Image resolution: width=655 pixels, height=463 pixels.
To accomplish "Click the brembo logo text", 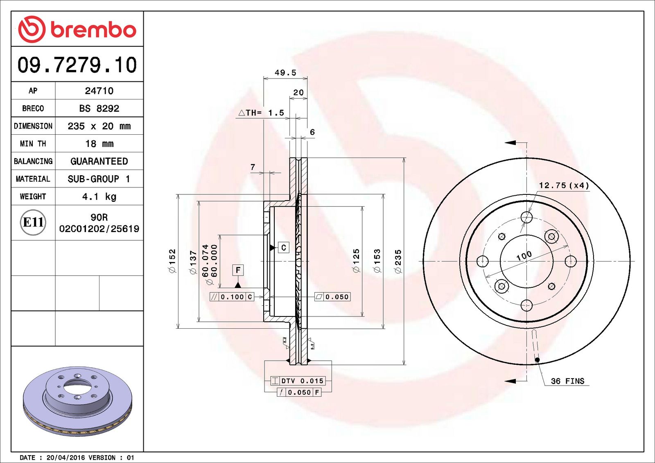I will (x=93, y=30).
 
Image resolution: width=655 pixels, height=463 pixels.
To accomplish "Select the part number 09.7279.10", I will (x=77, y=65).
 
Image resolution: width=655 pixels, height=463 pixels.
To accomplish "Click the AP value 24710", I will (x=99, y=91).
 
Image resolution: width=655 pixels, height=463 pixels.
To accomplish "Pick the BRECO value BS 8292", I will (x=99, y=108).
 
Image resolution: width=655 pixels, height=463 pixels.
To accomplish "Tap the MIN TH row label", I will (x=33, y=144).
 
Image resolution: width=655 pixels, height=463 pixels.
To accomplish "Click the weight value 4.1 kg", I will (x=99, y=196).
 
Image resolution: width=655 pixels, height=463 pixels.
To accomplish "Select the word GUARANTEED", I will (x=99, y=161).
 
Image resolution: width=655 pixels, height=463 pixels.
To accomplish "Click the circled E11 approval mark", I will (x=33, y=222).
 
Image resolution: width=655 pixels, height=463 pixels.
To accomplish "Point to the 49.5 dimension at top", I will (x=285, y=73).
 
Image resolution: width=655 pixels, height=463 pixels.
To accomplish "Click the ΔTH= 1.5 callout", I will (x=262, y=113).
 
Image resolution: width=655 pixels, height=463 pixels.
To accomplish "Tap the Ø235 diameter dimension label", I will (x=398, y=261).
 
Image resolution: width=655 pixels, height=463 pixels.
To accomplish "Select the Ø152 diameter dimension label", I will (x=172, y=261).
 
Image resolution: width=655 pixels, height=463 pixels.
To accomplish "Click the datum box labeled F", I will (x=238, y=270).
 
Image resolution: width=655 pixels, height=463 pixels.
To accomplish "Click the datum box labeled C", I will (x=283, y=248).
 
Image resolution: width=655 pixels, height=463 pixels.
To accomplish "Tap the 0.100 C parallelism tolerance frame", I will (x=232, y=297).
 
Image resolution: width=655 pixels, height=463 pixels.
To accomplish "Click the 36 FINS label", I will (x=567, y=381).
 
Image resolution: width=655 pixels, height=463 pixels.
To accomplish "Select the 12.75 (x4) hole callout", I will (x=564, y=185).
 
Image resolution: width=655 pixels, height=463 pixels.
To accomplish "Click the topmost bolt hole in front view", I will (x=526, y=217).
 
